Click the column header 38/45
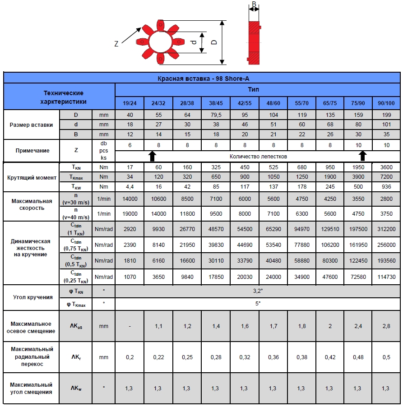pos(216,103)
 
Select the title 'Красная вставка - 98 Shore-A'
pos(204,78)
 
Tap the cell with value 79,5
pos(216,115)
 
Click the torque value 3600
pos(386,167)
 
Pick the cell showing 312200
pos(386,229)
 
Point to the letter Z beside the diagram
pos(116,44)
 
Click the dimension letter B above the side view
pos(254,5)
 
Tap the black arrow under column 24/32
pos(152,156)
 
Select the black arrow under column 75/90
pos(362,156)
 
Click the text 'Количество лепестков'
pos(258,157)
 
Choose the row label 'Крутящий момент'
pos(31,177)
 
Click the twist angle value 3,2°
pos(258,291)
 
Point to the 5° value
pos(258,304)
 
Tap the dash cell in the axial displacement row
pos(130,326)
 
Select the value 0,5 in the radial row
pos(386,357)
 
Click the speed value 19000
pos(130,214)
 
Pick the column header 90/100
pos(386,103)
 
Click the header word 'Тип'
pos(254,89)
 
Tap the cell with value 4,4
pos(130,186)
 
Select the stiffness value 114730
pos(386,277)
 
